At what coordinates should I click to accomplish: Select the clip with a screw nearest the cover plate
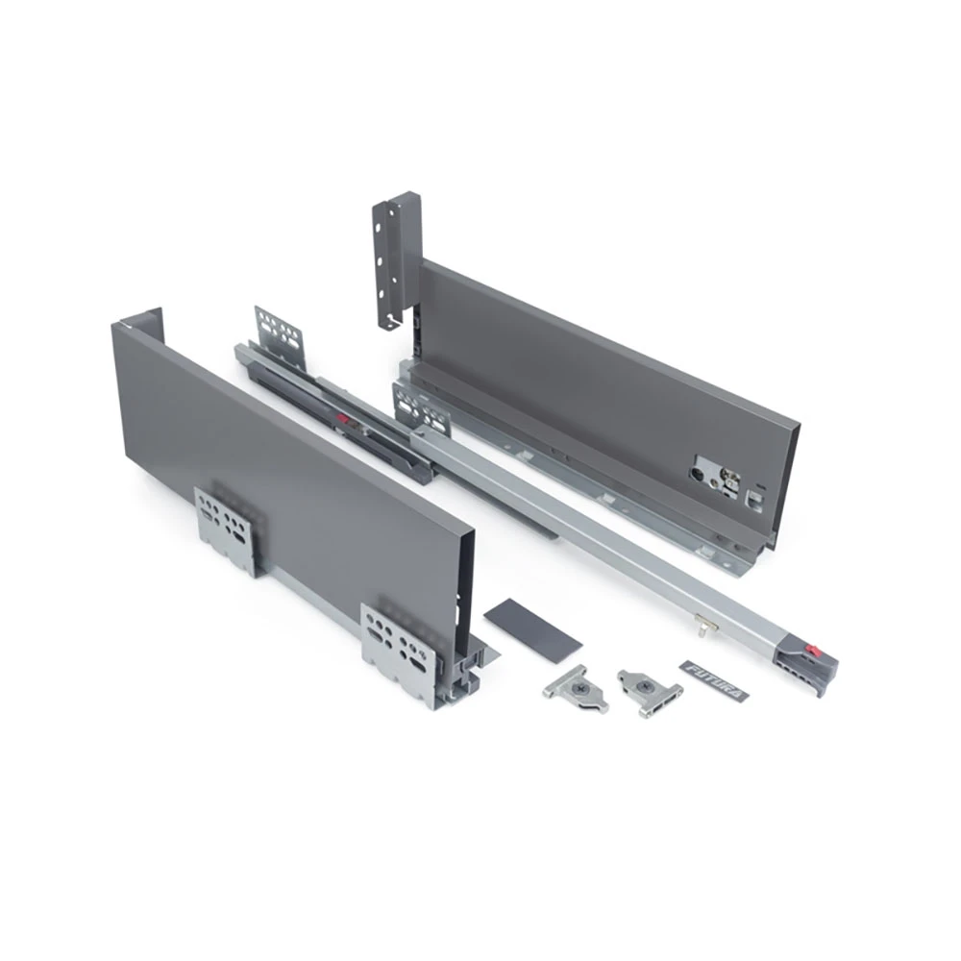576,689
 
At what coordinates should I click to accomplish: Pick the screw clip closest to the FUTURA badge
650,693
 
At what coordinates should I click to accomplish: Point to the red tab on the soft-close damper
345,422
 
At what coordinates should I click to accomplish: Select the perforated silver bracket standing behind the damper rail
280,336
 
